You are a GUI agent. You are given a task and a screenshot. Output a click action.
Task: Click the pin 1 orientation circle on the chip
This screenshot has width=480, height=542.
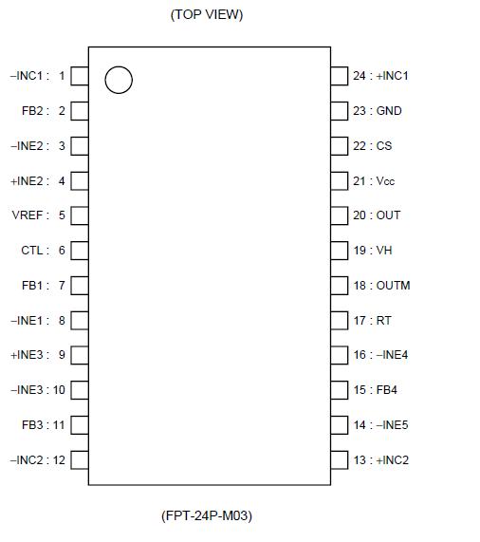coord(118,81)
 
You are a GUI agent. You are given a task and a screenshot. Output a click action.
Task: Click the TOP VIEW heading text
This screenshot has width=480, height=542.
coord(207,14)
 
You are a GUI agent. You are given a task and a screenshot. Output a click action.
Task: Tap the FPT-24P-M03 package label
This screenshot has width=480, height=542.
coord(207,516)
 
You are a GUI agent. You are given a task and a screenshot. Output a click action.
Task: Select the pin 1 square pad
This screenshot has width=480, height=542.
coord(80,76)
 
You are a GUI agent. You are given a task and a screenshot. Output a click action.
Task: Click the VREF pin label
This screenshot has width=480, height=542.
coord(27,215)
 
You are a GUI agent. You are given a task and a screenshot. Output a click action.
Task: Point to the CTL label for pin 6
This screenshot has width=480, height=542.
coord(31,251)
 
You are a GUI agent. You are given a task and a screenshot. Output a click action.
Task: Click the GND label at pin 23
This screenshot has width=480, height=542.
coord(389,111)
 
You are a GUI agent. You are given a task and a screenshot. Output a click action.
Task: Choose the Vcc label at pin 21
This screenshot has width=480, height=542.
coord(385,181)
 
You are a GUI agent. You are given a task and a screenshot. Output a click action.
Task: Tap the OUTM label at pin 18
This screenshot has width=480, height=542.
coord(393,286)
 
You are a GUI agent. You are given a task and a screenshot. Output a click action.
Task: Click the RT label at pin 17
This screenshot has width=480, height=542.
coord(384,321)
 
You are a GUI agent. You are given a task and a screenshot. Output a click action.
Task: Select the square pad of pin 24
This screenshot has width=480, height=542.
coord(340,76)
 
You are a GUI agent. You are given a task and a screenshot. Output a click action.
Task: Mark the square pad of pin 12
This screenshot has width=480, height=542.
coord(80,460)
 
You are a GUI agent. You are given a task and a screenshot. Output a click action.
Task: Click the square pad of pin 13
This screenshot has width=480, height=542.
coord(340,460)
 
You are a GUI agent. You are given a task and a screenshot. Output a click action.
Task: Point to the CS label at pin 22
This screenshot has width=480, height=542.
coord(384,146)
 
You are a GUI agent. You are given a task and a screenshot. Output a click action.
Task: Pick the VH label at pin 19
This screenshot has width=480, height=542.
coord(384,251)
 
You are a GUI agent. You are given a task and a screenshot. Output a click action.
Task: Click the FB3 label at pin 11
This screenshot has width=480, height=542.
coord(32,425)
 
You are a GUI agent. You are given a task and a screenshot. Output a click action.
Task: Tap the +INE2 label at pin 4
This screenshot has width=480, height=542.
coord(27,180)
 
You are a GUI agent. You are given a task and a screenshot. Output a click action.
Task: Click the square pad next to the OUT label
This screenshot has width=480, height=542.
coord(340,215)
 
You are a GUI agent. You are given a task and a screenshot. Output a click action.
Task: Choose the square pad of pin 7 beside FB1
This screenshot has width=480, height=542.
coord(80,286)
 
